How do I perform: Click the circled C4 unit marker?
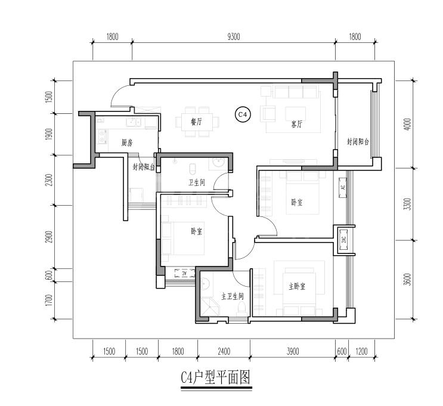243,114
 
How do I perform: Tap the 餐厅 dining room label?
196,122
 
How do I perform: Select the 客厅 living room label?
297,124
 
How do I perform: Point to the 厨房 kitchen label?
127,143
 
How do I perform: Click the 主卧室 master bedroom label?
297,287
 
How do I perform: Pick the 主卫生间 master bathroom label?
233,296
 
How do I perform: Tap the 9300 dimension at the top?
234,37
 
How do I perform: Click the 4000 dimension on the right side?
408,124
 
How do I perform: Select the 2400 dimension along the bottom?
224,352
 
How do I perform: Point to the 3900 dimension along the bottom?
293,352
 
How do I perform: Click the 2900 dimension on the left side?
49,237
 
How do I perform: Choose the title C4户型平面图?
216,377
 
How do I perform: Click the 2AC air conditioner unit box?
343,240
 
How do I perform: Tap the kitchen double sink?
134,123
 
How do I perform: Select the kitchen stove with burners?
102,136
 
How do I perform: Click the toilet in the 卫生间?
193,169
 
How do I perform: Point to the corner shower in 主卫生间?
209,308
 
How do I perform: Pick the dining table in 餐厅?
197,122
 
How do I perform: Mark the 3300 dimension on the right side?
408,204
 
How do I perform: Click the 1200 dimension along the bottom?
361,352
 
